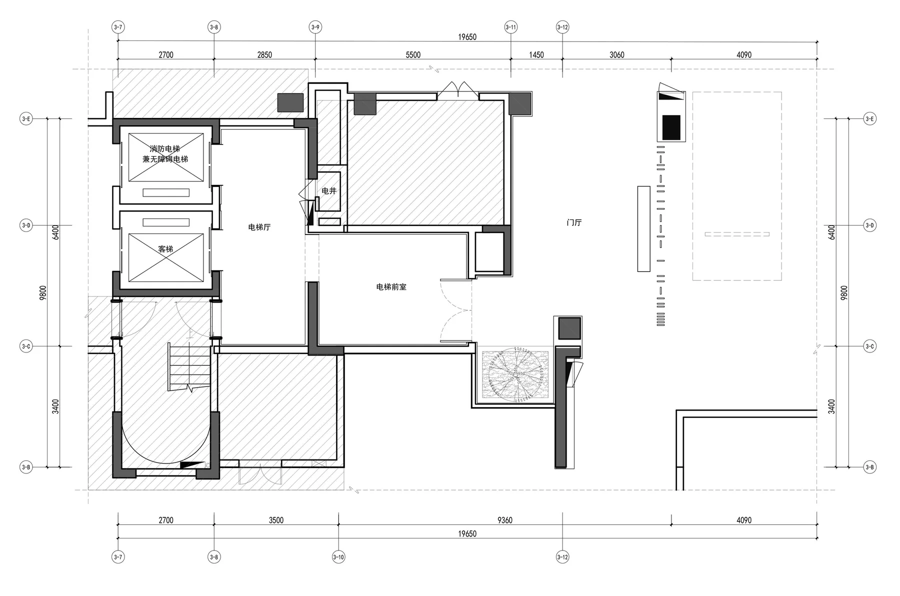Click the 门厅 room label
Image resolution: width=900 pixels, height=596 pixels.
(574, 222)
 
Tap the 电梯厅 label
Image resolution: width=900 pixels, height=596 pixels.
(259, 227)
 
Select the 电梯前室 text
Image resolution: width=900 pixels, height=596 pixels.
(391, 287)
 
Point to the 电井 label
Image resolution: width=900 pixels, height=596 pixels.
(329, 190)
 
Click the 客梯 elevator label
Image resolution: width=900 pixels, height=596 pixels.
(165, 248)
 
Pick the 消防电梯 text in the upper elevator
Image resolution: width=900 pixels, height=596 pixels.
(164, 149)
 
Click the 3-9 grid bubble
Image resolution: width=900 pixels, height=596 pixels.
(315, 27)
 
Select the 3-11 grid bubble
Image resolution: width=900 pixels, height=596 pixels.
(510, 27)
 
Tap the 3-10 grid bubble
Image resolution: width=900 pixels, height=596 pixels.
(338, 557)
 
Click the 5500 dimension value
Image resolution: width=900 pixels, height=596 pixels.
(413, 55)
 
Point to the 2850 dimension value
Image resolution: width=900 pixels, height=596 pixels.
(264, 55)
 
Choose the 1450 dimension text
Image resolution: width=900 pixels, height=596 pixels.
(536, 55)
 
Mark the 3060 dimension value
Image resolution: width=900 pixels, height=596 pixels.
(616, 55)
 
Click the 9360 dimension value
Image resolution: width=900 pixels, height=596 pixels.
(505, 520)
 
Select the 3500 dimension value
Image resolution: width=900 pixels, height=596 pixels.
(276, 520)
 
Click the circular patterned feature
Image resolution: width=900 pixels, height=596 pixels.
(515, 373)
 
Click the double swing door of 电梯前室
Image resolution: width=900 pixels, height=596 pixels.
(455, 310)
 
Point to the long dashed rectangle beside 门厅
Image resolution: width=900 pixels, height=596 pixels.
(737, 186)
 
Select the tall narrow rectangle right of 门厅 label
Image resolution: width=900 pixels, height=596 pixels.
(643, 229)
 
